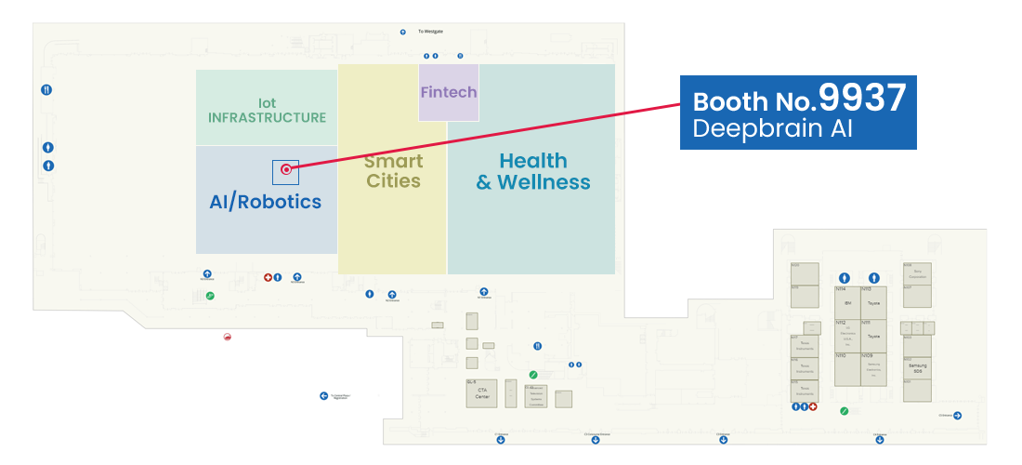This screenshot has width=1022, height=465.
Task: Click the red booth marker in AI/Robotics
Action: tap(286, 169)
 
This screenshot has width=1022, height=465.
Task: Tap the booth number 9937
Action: tap(861, 98)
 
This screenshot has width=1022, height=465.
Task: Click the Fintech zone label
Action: tap(449, 92)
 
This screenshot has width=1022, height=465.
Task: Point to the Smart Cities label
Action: tap(393, 171)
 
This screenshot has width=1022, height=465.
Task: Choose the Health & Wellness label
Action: tap(533, 171)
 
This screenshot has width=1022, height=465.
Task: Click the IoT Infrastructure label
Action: tap(267, 111)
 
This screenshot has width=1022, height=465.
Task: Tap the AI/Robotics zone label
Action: tap(266, 201)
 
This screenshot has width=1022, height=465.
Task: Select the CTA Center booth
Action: tap(482, 392)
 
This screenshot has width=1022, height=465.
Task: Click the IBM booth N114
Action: tap(846, 303)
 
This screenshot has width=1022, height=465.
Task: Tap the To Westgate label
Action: tap(430, 32)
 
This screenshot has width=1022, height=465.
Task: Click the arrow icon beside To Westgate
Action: tap(402, 32)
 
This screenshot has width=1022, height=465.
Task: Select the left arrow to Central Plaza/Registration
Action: tap(323, 395)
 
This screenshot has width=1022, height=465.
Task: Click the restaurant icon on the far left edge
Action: tap(46, 90)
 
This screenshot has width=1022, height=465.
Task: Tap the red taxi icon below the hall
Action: tap(228, 337)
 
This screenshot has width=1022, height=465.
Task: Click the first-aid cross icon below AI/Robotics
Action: tap(268, 277)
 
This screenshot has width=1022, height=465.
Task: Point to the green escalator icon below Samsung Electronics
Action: tap(844, 410)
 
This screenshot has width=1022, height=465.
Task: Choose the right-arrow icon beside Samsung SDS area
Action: tap(957, 415)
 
